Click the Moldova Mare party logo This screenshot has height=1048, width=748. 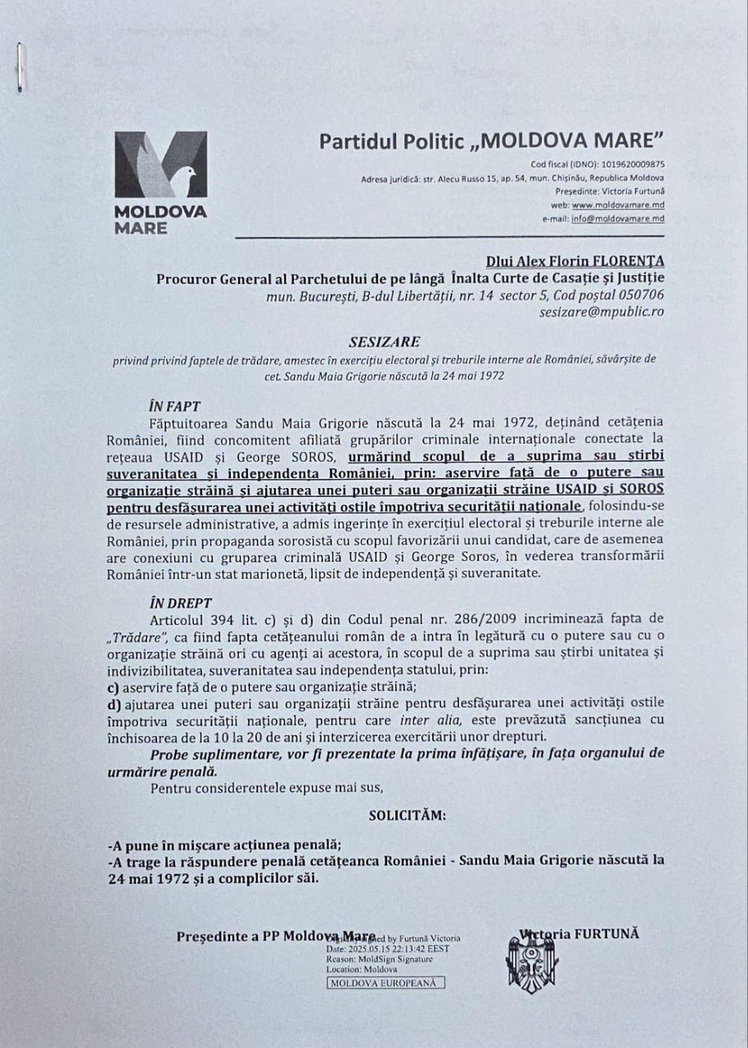160,182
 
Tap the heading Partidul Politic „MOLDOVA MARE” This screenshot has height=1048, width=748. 491,141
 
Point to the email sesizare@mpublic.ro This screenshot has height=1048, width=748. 602,312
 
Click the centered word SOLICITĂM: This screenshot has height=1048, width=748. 408,815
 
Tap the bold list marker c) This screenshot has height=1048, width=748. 115,686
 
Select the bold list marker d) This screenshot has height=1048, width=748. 115,702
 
